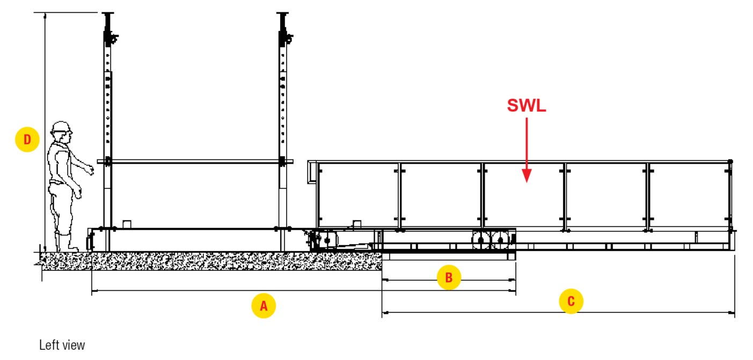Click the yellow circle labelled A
click(264, 306)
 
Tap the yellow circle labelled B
click(449, 277)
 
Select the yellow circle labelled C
click(571, 301)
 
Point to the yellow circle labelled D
click(27, 140)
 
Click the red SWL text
click(527, 106)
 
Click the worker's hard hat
click(61, 127)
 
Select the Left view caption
click(62, 345)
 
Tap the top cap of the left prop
click(109, 14)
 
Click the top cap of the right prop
click(282, 14)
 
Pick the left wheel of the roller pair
click(479, 240)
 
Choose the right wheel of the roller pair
click(500, 240)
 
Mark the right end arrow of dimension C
click(733, 312)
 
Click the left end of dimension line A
click(93, 291)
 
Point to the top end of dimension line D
click(45, 14)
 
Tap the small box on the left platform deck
click(127, 224)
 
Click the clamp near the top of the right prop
click(287, 38)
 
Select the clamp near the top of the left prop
click(113, 38)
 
